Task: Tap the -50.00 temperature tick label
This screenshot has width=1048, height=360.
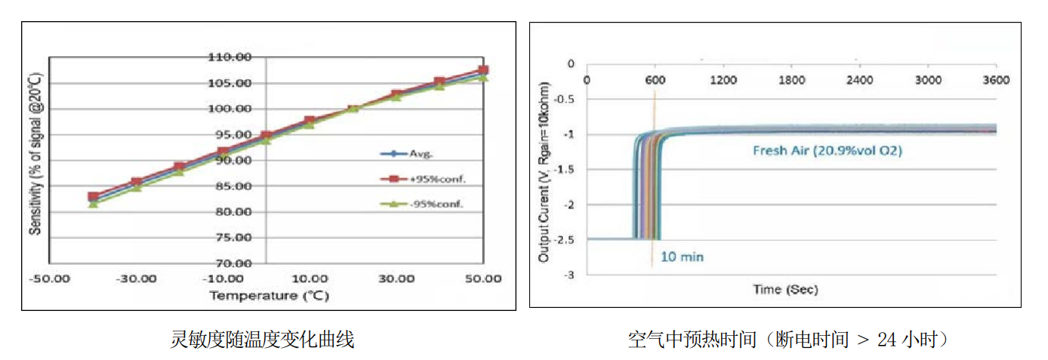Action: [x=50, y=278]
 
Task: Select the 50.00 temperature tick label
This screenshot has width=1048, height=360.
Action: [x=483, y=278]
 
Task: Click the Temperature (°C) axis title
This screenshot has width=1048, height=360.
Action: [x=269, y=296]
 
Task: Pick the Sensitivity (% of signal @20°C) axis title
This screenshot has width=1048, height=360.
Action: [x=35, y=154]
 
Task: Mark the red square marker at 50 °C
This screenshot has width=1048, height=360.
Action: [x=483, y=70]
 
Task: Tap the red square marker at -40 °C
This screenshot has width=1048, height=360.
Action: [x=93, y=196]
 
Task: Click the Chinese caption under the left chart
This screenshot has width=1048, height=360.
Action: [x=263, y=340]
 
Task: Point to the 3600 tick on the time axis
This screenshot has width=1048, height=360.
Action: [x=996, y=80]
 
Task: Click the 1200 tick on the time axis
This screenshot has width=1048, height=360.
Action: [x=723, y=80]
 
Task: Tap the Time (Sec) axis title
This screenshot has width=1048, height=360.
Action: [x=785, y=289]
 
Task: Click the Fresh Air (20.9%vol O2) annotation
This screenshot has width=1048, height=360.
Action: [x=828, y=150]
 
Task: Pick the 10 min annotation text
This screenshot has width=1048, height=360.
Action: [x=682, y=257]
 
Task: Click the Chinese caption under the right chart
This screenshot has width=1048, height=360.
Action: [x=788, y=340]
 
